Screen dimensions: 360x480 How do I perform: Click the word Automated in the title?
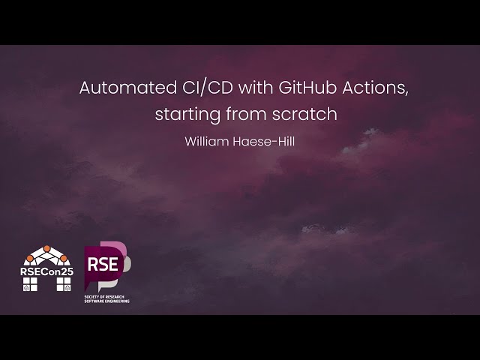click(124, 88)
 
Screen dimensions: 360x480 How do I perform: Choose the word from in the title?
click(246, 115)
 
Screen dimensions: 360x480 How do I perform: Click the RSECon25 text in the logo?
click(46, 271)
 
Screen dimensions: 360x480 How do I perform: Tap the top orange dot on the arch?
click(46, 248)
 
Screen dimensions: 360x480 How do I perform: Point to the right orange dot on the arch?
click(63, 259)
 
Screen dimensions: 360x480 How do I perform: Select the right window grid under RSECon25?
click(64, 283)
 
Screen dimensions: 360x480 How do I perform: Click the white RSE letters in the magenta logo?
click(102, 264)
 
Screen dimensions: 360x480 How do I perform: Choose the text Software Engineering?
click(106, 301)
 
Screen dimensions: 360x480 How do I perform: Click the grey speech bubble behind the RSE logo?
click(125, 262)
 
